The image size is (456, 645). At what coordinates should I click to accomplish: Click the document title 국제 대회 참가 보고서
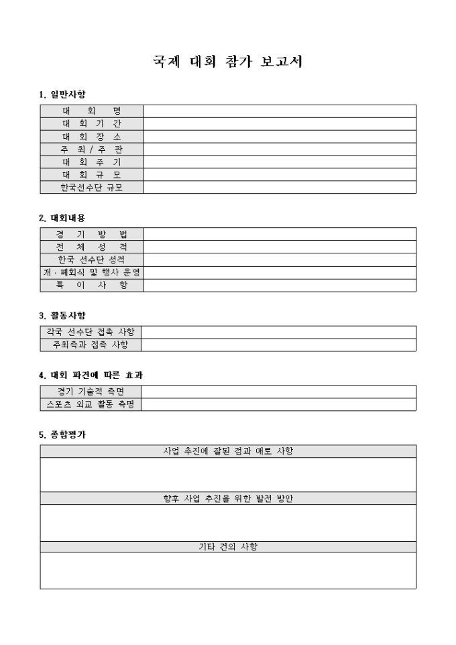(x=228, y=63)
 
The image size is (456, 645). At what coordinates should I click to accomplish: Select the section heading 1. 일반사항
(x=62, y=93)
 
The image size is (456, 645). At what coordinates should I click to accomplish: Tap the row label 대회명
(x=92, y=111)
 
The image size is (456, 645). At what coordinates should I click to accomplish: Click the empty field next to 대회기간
(x=280, y=123)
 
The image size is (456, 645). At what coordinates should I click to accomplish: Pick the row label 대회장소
(x=92, y=136)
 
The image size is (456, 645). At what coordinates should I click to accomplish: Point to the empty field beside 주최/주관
(x=280, y=149)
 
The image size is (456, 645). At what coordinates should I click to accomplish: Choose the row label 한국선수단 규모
(x=92, y=187)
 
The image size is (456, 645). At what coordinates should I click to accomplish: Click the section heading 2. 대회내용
(x=62, y=218)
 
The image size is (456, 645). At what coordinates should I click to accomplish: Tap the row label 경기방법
(x=92, y=234)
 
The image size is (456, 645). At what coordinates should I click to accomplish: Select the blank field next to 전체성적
(x=280, y=247)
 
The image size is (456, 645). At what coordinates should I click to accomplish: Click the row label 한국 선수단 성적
(x=92, y=259)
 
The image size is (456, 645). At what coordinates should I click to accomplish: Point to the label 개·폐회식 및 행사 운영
(x=92, y=272)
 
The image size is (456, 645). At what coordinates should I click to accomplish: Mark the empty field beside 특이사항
(x=280, y=285)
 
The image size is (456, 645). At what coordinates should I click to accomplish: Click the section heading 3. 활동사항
(x=62, y=315)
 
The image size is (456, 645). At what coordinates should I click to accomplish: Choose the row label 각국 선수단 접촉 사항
(x=90, y=332)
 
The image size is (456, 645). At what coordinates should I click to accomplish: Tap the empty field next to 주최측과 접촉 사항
(x=278, y=345)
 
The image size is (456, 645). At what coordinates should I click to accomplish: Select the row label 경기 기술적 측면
(x=90, y=392)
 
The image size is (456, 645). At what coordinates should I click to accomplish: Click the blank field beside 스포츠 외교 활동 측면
(x=278, y=404)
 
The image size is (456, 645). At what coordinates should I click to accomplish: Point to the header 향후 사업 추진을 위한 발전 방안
(x=228, y=498)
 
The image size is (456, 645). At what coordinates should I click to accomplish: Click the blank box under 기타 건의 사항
(x=228, y=570)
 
